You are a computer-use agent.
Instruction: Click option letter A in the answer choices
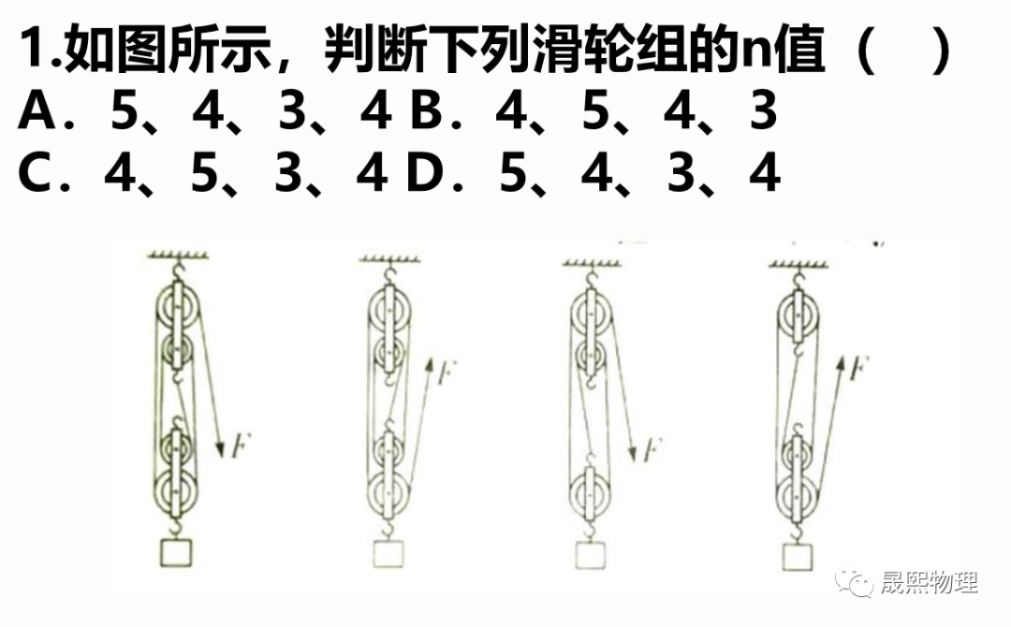[38, 110]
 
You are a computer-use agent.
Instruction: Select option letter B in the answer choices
[426, 110]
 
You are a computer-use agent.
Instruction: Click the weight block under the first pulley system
[176, 552]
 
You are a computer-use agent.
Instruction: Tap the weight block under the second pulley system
[388, 554]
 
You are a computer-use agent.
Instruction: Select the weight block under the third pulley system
[590, 555]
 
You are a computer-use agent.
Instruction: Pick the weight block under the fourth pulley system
[798, 557]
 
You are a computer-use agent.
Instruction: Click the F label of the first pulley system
[240, 445]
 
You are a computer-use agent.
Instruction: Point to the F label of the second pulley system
[447, 372]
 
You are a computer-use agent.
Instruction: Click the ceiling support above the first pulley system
[178, 255]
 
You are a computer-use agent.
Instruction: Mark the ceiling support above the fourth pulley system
[799, 263]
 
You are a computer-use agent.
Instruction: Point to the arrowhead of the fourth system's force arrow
[840, 362]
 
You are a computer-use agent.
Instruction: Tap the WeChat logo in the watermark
[854, 581]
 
